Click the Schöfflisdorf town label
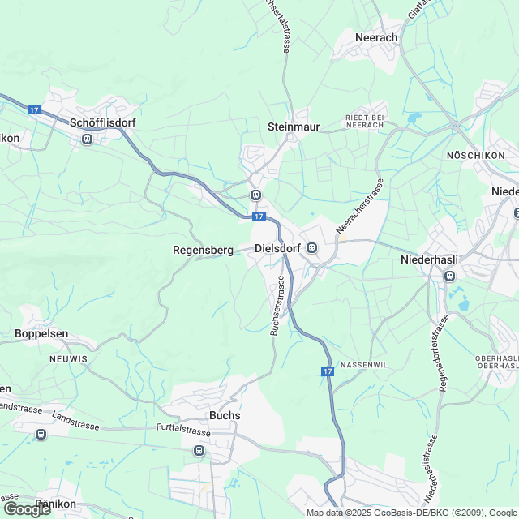(103, 122)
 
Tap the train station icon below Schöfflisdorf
(87, 139)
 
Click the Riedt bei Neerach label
(364, 122)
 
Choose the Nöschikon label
(475, 155)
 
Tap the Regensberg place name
(203, 250)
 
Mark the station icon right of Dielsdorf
(311, 249)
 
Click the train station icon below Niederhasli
(448, 277)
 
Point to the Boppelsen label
(41, 333)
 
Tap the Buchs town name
(225, 415)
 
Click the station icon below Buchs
(198, 450)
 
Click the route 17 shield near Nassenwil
(327, 371)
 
